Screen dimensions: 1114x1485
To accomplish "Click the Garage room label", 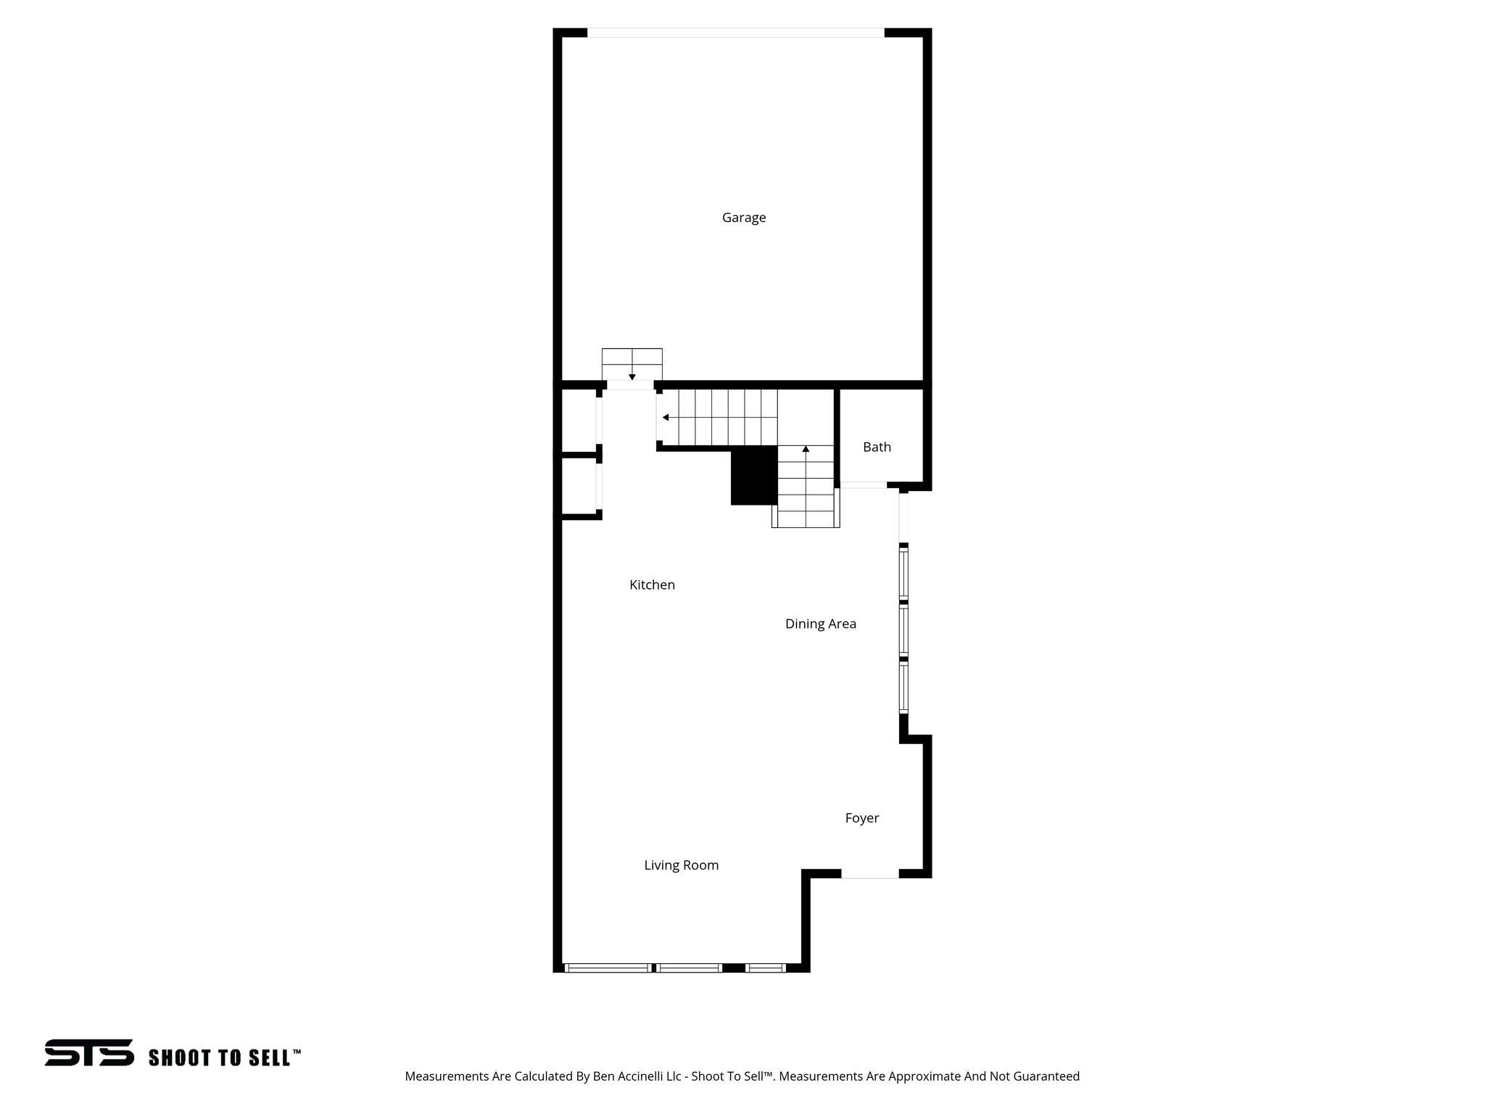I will [x=743, y=218].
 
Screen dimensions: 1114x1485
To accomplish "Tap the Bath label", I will [x=877, y=447].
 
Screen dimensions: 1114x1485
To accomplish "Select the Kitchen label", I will [x=652, y=585].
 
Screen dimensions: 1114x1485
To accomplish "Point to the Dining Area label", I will [x=820, y=624].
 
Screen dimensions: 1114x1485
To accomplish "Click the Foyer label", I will [x=861, y=818].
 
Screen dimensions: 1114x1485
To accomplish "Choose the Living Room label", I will [x=681, y=865].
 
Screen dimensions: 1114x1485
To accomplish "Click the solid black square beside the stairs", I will [x=753, y=475].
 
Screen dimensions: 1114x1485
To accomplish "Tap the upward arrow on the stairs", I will [x=806, y=450].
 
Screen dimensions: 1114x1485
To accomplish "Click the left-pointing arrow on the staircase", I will [x=666, y=418].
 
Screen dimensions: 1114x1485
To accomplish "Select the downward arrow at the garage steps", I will [x=632, y=376].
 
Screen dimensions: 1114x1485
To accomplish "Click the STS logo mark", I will [x=89, y=1052].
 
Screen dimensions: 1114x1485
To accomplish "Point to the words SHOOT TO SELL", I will [x=220, y=1058].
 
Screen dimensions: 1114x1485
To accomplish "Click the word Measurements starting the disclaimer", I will [x=446, y=1076].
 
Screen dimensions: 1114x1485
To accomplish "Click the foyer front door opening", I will [x=869, y=875].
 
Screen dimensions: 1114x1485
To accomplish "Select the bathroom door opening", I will [x=863, y=484].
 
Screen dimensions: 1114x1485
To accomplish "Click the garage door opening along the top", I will [x=735, y=33].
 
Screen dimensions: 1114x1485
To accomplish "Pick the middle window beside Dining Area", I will [x=903, y=630].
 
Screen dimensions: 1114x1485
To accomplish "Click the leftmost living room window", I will [x=607, y=967].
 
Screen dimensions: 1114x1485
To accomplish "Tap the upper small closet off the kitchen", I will [x=579, y=421].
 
